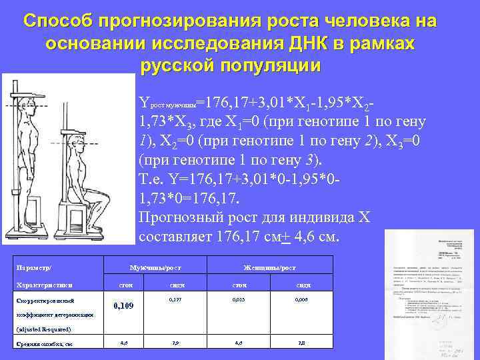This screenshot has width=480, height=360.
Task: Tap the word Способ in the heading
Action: tap(57, 21)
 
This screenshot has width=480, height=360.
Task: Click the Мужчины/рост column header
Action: tap(155, 267)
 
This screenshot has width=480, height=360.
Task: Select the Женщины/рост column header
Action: tap(270, 267)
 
